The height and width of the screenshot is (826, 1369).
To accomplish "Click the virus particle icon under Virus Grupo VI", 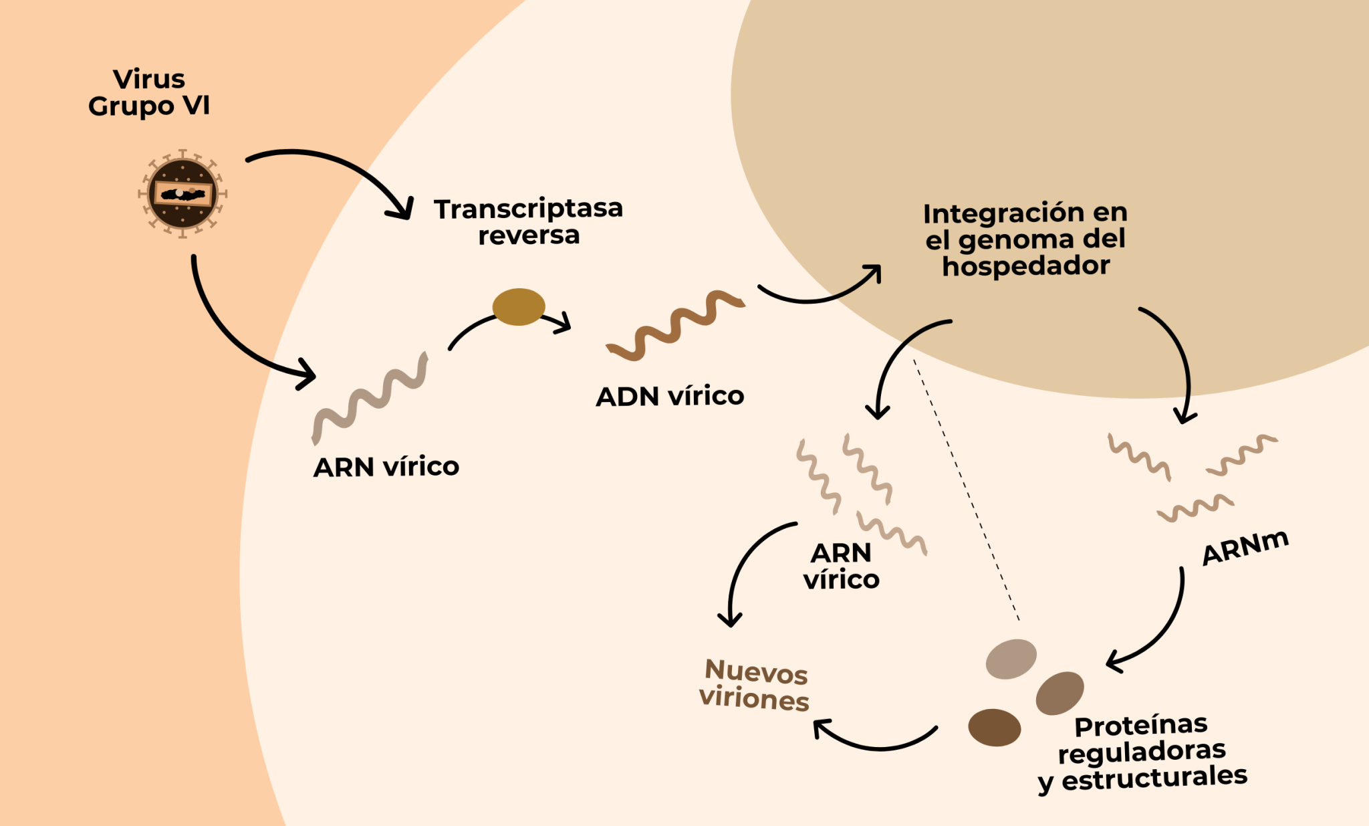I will [x=182, y=194].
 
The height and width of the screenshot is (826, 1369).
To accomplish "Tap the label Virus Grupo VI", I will [x=149, y=92].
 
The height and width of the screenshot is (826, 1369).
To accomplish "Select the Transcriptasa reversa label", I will [x=528, y=221].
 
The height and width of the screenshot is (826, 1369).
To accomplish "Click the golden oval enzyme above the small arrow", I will [x=519, y=307].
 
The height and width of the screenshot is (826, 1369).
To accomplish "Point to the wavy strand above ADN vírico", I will [x=675, y=326].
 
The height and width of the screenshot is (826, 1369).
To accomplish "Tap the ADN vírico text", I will [x=670, y=396].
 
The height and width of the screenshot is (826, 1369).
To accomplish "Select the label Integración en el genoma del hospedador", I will [x=1025, y=239].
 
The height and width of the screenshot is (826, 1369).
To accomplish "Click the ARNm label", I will [x=1245, y=547].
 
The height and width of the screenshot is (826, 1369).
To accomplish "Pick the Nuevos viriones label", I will [x=755, y=685].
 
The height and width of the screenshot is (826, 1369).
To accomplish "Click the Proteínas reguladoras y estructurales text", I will [x=1142, y=752].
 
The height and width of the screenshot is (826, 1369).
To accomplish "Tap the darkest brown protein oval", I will [x=994, y=728].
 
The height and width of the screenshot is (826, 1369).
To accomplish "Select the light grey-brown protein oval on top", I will [x=1011, y=659].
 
